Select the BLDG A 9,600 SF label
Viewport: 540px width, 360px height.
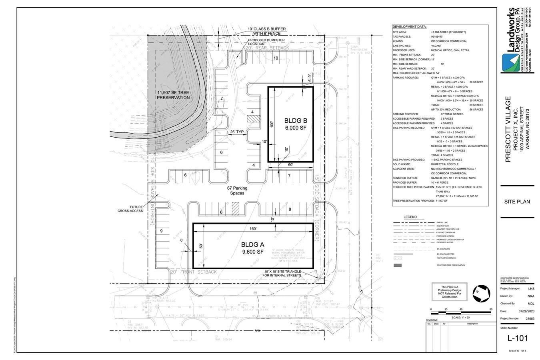(x=252, y=248)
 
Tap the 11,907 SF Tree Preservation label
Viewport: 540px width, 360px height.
(x=173, y=95)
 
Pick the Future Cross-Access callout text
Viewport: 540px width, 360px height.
(x=130, y=209)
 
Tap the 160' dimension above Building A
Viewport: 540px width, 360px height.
(x=253, y=229)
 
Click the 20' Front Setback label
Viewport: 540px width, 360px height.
(x=194, y=272)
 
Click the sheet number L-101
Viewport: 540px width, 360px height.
(x=517, y=338)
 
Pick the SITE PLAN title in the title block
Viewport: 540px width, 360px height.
(x=517, y=202)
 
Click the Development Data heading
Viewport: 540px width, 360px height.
(x=409, y=26)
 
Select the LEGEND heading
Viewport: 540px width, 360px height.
(x=410, y=217)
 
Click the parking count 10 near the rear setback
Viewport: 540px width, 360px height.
(x=276, y=58)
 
